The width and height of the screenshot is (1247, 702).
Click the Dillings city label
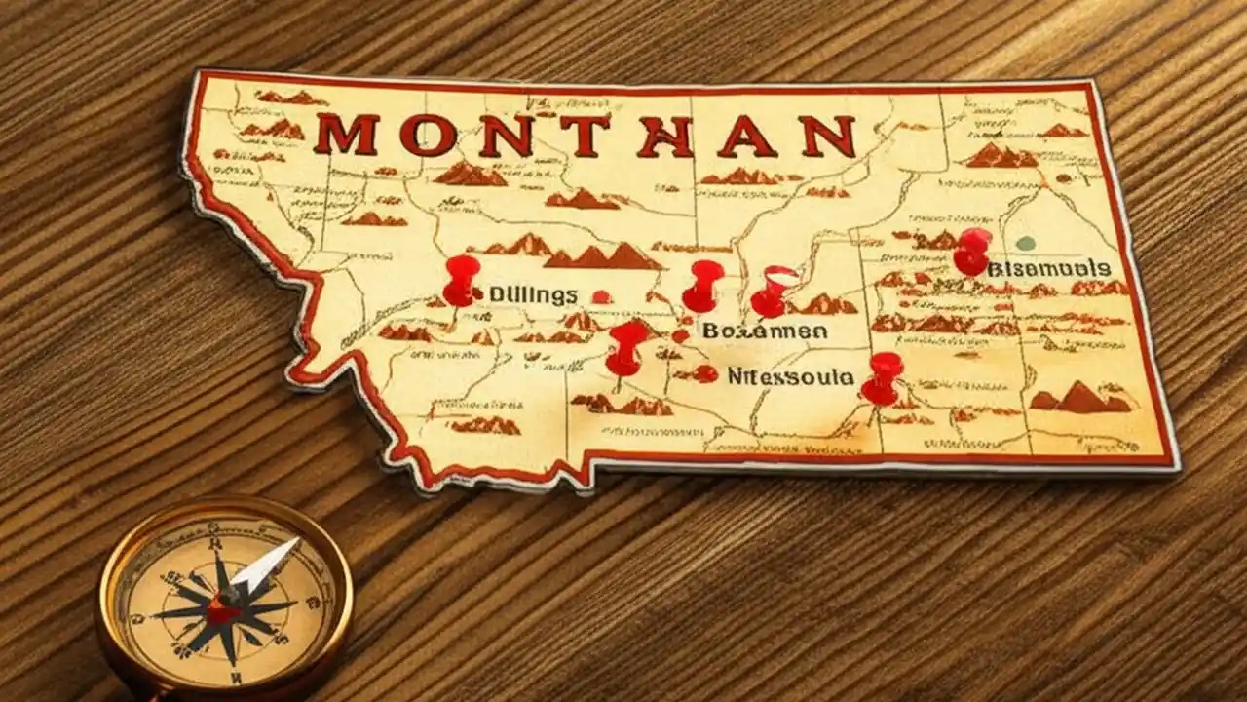(532, 294)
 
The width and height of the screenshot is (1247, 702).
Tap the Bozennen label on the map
(765, 331)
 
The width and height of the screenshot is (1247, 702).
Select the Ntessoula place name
(790, 375)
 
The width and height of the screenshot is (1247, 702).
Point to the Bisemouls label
(1048, 267)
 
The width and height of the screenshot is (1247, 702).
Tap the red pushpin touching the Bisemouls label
(972, 251)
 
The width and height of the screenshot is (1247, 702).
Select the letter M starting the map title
(346, 135)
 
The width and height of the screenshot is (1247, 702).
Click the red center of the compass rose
(223, 612)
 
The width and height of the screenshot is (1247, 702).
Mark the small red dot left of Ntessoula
(707, 373)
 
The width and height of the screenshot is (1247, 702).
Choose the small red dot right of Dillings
(601, 296)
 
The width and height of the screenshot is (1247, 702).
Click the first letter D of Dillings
(495, 294)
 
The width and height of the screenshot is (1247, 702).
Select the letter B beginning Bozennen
(708, 331)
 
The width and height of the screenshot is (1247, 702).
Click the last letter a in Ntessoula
(847, 375)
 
